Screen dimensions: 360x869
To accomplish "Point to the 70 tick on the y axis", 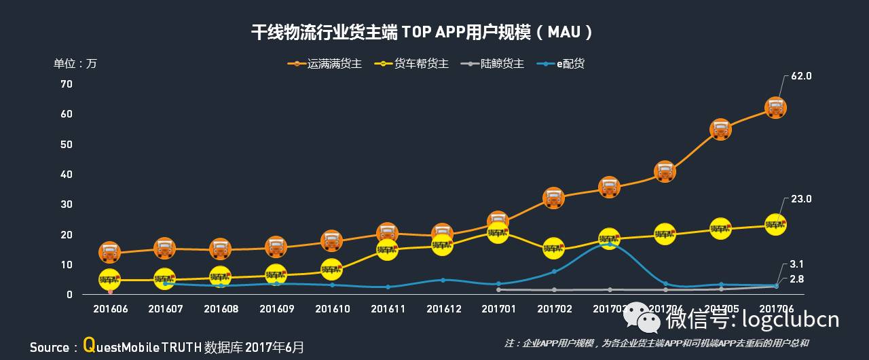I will [67, 84].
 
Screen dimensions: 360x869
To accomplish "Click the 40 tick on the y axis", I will [67, 175].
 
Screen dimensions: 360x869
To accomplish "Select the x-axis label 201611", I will [388, 309].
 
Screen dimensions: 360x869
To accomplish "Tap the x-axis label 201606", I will [109, 309].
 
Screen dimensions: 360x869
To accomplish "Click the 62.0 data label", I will [801, 77].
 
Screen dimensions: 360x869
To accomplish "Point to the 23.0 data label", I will [801, 199].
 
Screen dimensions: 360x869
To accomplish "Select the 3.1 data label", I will [796, 264].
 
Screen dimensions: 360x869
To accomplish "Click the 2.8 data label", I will [796, 279].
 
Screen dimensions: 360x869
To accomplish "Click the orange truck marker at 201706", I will [776, 107].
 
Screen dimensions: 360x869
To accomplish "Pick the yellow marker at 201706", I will [776, 224].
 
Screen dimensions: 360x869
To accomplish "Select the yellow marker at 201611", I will [387, 249].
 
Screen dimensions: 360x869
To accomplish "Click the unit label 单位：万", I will [75, 64].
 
